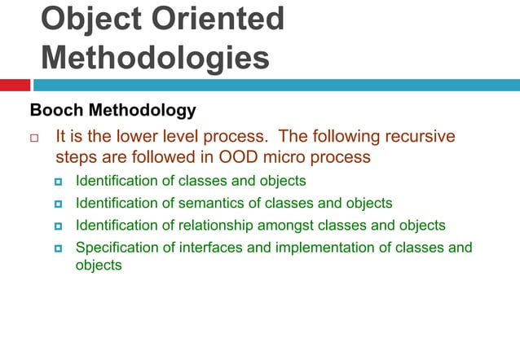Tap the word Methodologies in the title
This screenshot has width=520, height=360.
pos(155,58)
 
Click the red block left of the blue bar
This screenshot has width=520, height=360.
pos(15,85)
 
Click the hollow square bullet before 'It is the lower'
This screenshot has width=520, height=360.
pos(34,138)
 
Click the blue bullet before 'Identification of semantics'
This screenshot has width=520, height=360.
pos(59,204)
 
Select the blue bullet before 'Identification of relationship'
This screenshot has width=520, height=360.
pos(59,226)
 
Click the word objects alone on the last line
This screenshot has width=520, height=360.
pos(99,266)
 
